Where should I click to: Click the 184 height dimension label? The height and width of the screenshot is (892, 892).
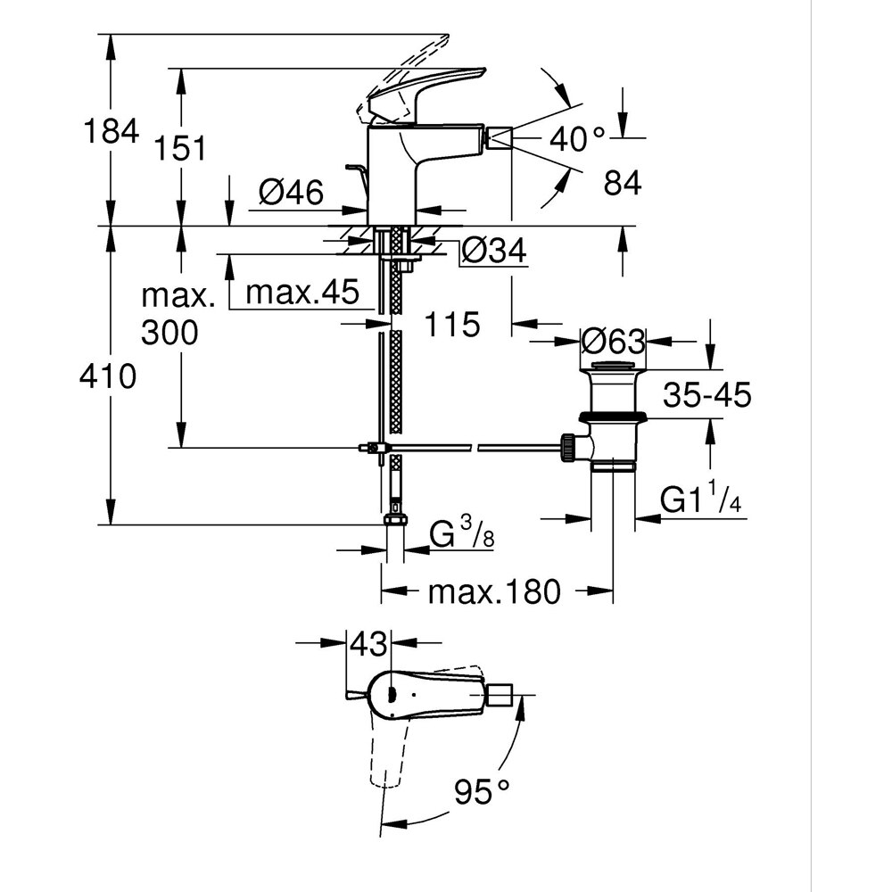coord(111,131)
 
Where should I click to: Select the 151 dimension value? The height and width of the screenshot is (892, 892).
coord(182,148)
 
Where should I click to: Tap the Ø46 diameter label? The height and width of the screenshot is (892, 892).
coord(292,192)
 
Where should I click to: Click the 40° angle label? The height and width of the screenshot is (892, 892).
coord(577,138)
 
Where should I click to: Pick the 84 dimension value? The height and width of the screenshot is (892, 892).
coord(623,184)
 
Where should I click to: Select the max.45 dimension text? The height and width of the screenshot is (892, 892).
coord(301,292)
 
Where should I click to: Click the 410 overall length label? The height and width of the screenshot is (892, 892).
coord(109,376)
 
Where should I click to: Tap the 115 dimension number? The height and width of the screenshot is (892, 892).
coord(451,325)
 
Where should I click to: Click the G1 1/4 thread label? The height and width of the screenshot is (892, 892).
coord(701,500)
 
